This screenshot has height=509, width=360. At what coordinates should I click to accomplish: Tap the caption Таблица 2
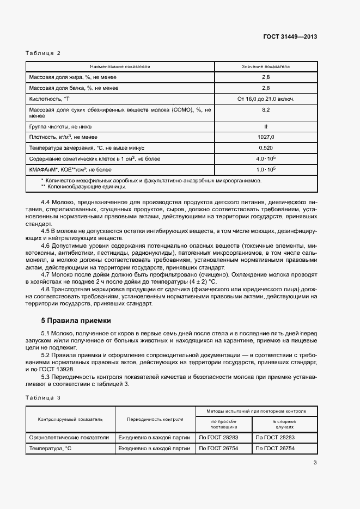(x=43, y=53)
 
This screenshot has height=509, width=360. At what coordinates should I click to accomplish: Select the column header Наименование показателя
(x=120, y=66)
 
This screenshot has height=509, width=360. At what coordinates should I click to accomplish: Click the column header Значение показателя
(x=266, y=66)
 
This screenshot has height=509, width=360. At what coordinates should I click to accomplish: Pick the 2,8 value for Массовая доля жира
(x=266, y=77)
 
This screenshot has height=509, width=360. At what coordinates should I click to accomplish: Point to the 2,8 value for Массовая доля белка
(x=266, y=88)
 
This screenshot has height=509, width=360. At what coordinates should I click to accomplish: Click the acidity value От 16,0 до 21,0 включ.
(x=266, y=99)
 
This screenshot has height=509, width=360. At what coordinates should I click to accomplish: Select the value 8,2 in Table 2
(x=266, y=109)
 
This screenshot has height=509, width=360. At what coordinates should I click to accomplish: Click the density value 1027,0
(x=266, y=137)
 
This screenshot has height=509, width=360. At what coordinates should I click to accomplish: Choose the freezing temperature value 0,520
(x=266, y=148)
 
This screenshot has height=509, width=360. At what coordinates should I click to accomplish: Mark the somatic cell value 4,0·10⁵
(x=266, y=158)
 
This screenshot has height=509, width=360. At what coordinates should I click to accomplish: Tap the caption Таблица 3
(x=43, y=397)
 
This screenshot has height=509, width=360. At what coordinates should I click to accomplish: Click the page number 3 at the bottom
(x=315, y=463)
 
